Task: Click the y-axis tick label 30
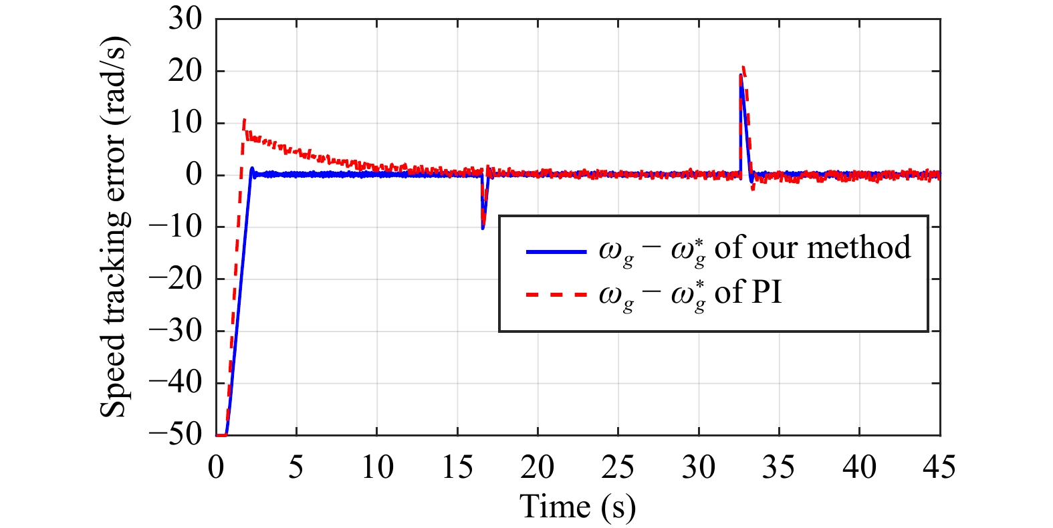point(185,19)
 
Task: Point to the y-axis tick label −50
point(176,435)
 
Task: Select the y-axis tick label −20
point(176,279)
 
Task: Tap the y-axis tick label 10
point(185,124)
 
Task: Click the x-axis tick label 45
point(939,467)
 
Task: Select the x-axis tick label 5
point(296,467)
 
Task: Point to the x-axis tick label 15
point(457,467)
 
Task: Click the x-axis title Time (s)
point(578,507)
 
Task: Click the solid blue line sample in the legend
point(556,251)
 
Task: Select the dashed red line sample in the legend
point(556,294)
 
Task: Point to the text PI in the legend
point(767,292)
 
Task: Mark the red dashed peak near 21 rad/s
point(743,67)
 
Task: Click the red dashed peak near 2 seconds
point(244,120)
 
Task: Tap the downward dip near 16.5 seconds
point(483,228)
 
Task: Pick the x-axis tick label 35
point(778,467)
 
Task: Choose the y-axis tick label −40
point(176,383)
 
